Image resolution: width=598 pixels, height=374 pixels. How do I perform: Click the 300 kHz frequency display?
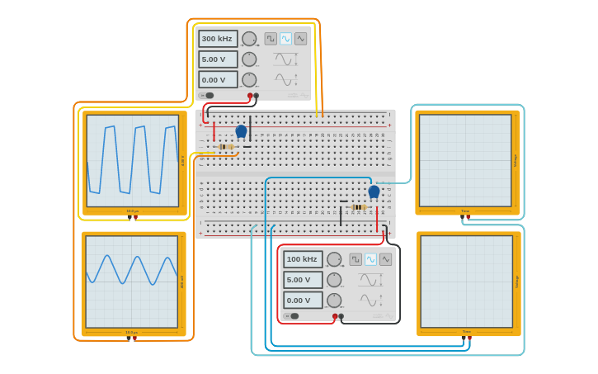click(x=218, y=39)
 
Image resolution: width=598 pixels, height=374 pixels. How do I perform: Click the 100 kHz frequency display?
click(x=303, y=259)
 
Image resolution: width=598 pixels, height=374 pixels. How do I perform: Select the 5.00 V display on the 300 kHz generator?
click(x=218, y=59)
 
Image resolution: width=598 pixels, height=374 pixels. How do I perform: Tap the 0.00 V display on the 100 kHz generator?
click(x=303, y=301)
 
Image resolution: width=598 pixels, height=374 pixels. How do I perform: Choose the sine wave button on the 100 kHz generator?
click(x=370, y=259)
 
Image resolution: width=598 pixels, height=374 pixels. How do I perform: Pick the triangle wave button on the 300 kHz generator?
click(x=300, y=39)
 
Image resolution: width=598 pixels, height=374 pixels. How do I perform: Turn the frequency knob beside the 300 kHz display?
click(x=249, y=39)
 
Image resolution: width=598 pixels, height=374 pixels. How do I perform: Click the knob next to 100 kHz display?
click(x=334, y=259)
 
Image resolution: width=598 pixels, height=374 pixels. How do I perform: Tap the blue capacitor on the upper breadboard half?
click(x=241, y=131)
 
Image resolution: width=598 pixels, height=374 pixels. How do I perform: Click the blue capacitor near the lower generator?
click(x=374, y=192)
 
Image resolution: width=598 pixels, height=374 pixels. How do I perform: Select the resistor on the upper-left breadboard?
click(x=225, y=147)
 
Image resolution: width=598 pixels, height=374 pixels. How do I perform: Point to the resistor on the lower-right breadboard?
click(x=358, y=207)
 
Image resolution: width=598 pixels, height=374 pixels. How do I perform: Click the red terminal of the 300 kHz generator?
click(x=250, y=96)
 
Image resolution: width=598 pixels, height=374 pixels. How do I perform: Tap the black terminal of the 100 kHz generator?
click(x=341, y=316)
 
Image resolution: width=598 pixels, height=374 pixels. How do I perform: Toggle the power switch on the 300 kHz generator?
click(x=208, y=96)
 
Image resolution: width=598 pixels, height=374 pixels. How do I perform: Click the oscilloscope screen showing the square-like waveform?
click(x=132, y=160)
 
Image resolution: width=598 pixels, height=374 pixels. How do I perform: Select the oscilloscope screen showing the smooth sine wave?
click(x=131, y=282)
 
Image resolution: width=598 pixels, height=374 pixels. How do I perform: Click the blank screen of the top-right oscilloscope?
click(x=465, y=160)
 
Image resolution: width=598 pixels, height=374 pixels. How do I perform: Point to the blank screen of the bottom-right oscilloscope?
click(x=466, y=282)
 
